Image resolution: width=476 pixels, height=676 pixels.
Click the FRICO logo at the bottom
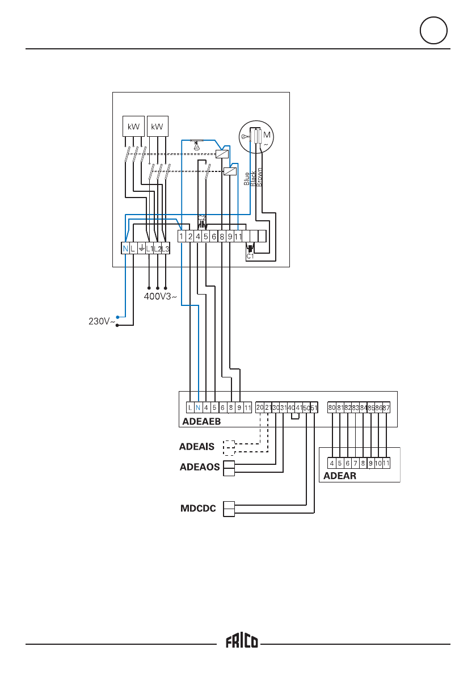(242, 643)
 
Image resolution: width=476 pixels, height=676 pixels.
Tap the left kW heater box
(134, 126)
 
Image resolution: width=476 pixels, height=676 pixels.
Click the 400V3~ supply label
(160, 296)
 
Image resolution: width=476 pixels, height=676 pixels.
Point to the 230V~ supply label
(102, 321)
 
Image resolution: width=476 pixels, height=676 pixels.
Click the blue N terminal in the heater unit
(125, 249)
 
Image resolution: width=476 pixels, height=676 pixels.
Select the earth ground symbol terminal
(141, 249)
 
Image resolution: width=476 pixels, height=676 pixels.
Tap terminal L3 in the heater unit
(166, 249)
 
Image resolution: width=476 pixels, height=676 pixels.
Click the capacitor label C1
(250, 257)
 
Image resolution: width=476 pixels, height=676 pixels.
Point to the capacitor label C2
(201, 218)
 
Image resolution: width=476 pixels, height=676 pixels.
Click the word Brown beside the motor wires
(260, 177)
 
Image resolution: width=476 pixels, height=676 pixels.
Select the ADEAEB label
(201, 422)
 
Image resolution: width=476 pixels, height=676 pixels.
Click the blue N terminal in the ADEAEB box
(197, 408)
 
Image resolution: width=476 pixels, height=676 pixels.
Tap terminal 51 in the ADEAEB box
(314, 408)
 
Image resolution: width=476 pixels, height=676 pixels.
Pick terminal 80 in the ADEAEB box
(332, 408)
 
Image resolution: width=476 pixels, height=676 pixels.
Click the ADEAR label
(339, 476)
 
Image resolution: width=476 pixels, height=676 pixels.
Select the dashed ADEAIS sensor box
(229, 447)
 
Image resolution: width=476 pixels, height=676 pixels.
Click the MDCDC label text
(198, 509)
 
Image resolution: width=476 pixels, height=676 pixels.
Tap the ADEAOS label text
(200, 468)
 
